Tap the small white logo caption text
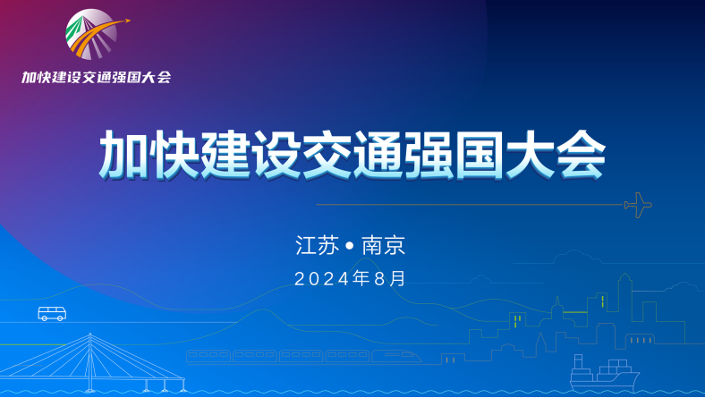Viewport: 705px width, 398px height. tap(97, 77)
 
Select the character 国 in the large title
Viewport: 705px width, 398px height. tap(480, 156)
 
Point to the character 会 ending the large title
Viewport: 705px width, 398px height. tap(581, 156)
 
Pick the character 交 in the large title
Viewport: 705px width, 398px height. tap(327, 156)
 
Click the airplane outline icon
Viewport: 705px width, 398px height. tap(638, 205)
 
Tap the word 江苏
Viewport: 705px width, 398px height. tap(317, 246)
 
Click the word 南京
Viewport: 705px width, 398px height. tap(384, 246)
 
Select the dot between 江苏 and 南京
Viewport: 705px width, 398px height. tap(350, 246)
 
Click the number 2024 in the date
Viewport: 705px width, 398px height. tap(322, 279)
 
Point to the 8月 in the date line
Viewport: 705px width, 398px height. tap(390, 279)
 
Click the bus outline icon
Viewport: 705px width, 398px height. tap(52, 313)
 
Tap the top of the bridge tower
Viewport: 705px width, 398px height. tap(90, 334)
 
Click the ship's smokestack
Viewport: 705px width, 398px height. tap(578, 361)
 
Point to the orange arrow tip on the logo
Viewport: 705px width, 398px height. tap(128, 21)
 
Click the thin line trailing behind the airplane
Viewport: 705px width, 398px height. tap(471, 205)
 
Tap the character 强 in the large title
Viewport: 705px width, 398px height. tap(429, 156)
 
